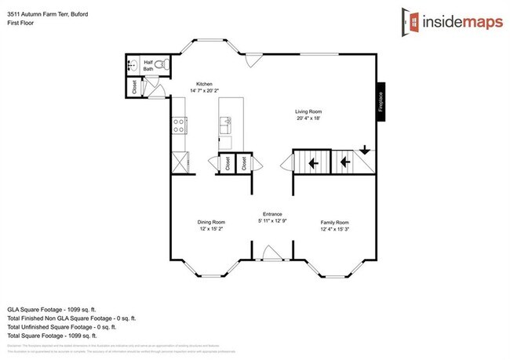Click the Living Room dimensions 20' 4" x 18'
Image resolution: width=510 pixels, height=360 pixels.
click(x=308, y=118)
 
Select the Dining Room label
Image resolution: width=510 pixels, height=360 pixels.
click(x=211, y=222)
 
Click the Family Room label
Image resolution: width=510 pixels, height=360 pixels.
click(x=334, y=222)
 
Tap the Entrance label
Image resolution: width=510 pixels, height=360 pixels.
click(x=272, y=214)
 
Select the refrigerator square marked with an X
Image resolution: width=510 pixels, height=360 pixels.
click(x=178, y=164)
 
